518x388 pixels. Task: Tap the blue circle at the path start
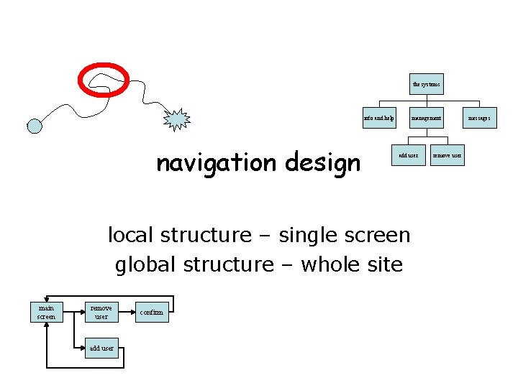35,126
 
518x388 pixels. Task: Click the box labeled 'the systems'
427,84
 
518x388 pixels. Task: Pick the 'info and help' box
379,117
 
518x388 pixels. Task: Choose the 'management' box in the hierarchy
427,117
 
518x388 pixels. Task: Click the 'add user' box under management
409,154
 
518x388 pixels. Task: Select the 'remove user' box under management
447,154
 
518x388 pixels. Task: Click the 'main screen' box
46,312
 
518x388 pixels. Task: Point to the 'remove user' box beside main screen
101,312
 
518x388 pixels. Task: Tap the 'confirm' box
152,312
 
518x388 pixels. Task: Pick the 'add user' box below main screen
101,348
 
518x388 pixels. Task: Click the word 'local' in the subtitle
132,235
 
